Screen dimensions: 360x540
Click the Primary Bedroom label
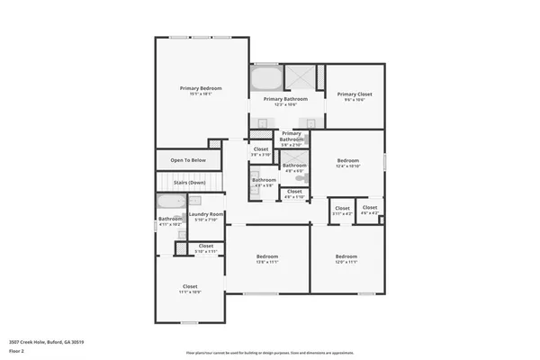201,88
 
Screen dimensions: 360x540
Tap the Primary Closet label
355,94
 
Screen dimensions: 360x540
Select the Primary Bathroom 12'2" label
285,99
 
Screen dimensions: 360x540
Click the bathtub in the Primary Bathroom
265,76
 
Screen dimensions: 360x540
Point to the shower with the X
304,76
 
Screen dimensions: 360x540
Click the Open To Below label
188,160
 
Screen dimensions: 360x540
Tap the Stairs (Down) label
190,183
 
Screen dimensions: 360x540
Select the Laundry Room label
206,214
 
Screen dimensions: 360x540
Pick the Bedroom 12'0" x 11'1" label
346,257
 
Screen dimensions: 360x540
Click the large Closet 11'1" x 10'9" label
190,287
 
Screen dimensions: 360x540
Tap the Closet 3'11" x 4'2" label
342,210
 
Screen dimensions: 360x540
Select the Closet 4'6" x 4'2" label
369,209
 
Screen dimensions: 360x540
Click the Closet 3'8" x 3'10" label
261,149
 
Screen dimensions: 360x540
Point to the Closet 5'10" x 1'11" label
206,247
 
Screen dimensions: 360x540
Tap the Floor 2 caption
17,351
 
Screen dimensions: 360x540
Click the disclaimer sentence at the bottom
270,352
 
